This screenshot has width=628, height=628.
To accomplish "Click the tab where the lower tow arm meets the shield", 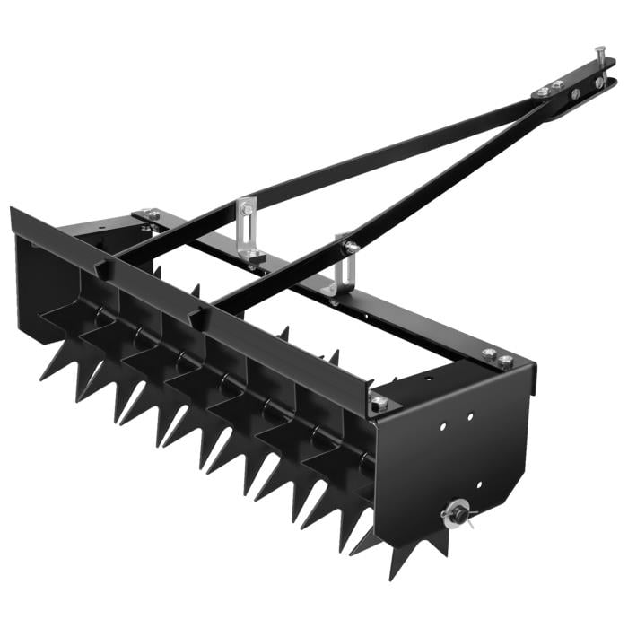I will tap(198, 316).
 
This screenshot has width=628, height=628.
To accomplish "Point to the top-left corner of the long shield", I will tap(12, 210).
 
